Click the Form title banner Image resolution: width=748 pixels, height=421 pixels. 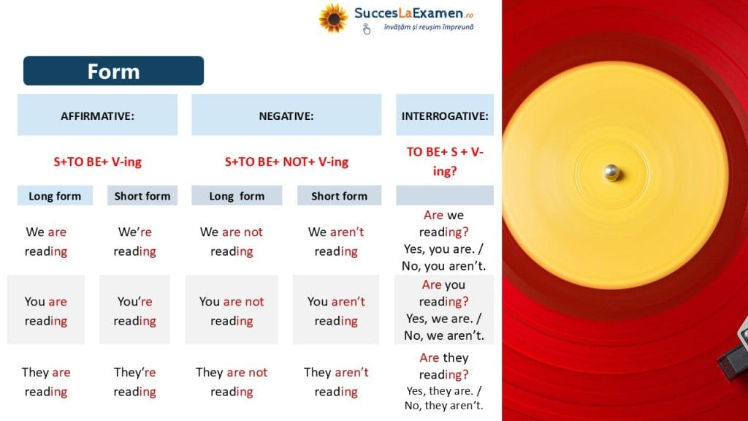pyautogui.click(x=113, y=71)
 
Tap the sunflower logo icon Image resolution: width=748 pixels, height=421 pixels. pyautogui.click(x=333, y=18)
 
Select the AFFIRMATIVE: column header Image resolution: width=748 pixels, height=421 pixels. pyautogui.click(x=97, y=115)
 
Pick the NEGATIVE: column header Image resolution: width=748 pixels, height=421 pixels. pyautogui.click(x=286, y=115)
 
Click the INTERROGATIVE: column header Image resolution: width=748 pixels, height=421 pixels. pyautogui.click(x=445, y=115)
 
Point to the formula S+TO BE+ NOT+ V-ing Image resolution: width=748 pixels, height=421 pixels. pyautogui.click(x=286, y=162)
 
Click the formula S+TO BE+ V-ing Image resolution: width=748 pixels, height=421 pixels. pyautogui.click(x=97, y=162)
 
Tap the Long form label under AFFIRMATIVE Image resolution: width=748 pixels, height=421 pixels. pyautogui.click(x=55, y=196)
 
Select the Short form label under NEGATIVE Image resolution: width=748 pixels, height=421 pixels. pyautogui.click(x=339, y=196)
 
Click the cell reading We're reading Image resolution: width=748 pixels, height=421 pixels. pyautogui.click(x=135, y=241)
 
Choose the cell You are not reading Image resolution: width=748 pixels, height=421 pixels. pyautogui.click(x=232, y=311)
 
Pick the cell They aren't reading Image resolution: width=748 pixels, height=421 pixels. pyautogui.click(x=336, y=382)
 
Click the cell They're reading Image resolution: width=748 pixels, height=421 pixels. pyautogui.click(x=135, y=382)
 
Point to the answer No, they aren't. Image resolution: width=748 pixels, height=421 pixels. pyautogui.click(x=443, y=406)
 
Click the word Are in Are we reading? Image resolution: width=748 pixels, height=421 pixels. pyautogui.click(x=434, y=216)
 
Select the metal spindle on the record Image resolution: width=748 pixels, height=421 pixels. pyautogui.click(x=611, y=172)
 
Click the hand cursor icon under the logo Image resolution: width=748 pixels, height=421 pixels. pyautogui.click(x=367, y=29)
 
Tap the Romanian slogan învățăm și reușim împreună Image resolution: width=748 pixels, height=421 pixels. pyautogui.click(x=429, y=27)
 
